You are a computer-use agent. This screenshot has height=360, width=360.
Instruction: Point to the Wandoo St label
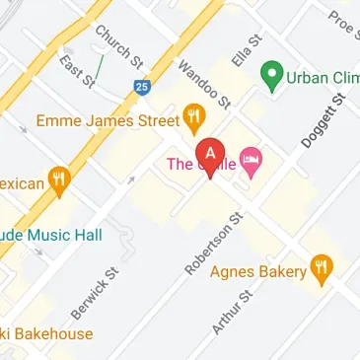203,83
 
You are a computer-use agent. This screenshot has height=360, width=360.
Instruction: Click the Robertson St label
212,241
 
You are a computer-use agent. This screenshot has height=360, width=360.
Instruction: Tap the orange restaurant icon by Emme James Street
195,120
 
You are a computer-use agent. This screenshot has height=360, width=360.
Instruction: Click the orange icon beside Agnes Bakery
321,265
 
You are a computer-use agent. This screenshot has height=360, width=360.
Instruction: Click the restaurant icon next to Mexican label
61,180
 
